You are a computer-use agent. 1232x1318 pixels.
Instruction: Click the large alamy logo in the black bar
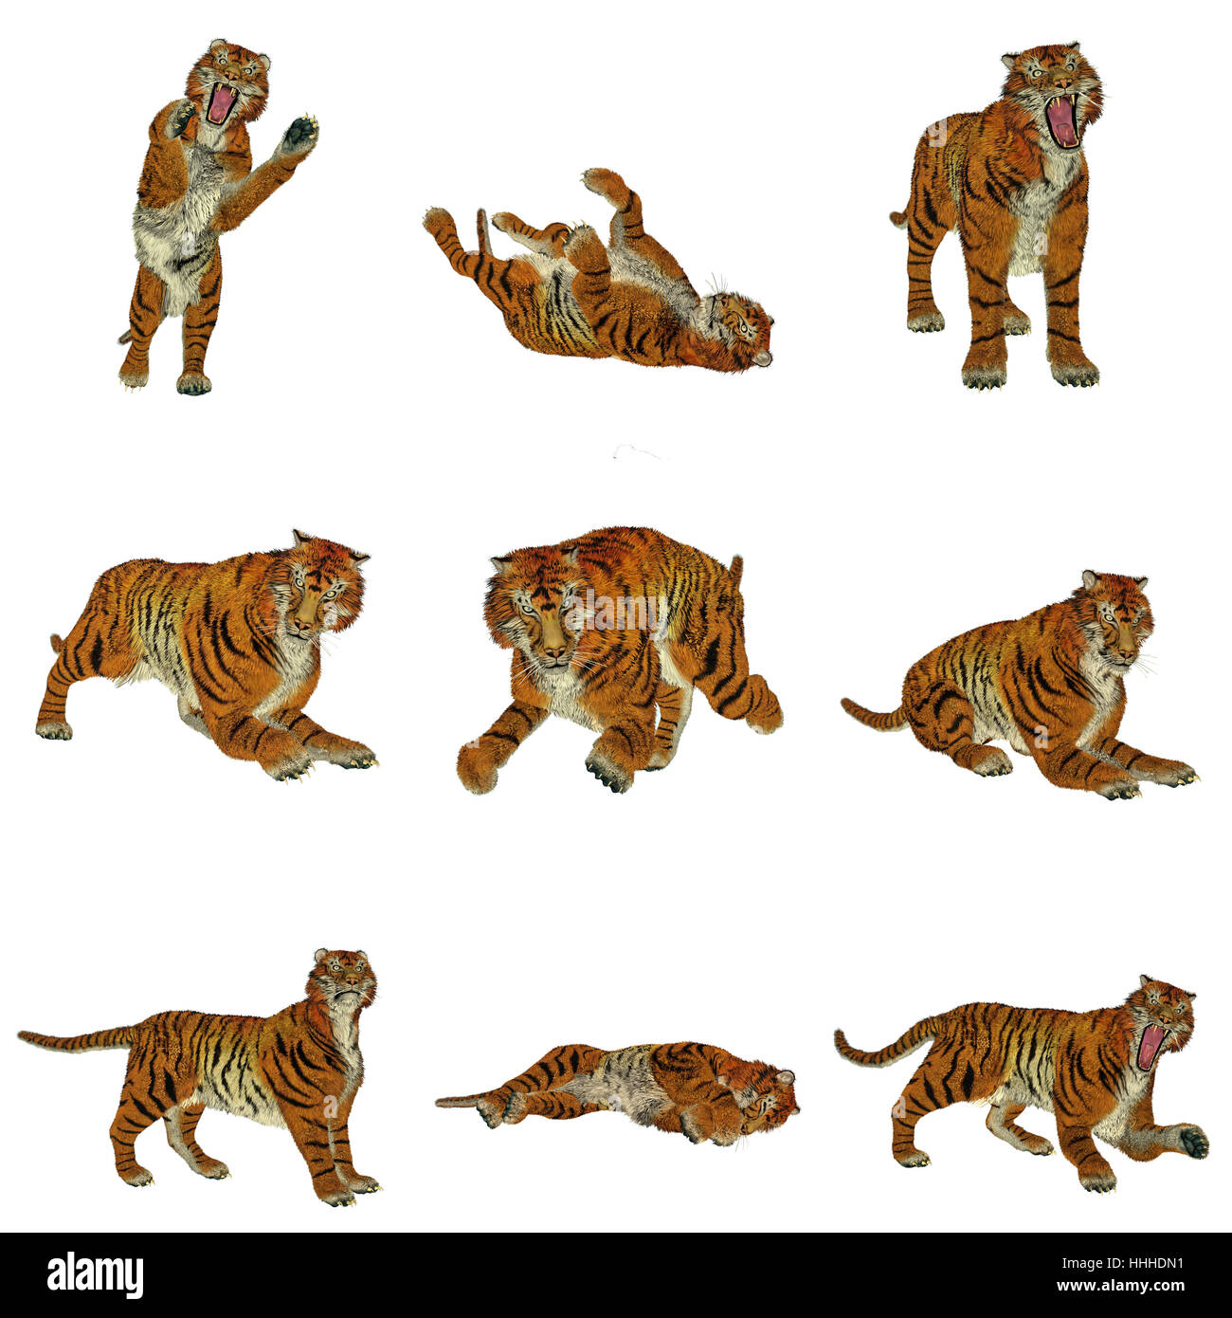95,1275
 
